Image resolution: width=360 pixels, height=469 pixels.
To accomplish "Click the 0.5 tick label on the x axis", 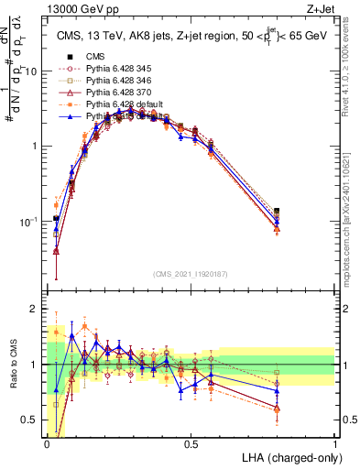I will (x=191, y=444).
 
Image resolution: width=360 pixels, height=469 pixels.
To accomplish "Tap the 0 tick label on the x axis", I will (x=47, y=444).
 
